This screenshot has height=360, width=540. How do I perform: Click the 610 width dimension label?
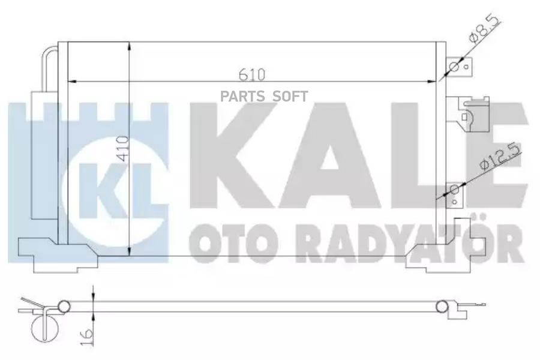click(x=253, y=74)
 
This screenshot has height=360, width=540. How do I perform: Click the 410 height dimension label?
click(x=122, y=149)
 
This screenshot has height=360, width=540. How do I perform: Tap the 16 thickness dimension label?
click(x=88, y=334)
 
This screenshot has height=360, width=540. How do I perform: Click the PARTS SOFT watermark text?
click(x=264, y=97)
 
